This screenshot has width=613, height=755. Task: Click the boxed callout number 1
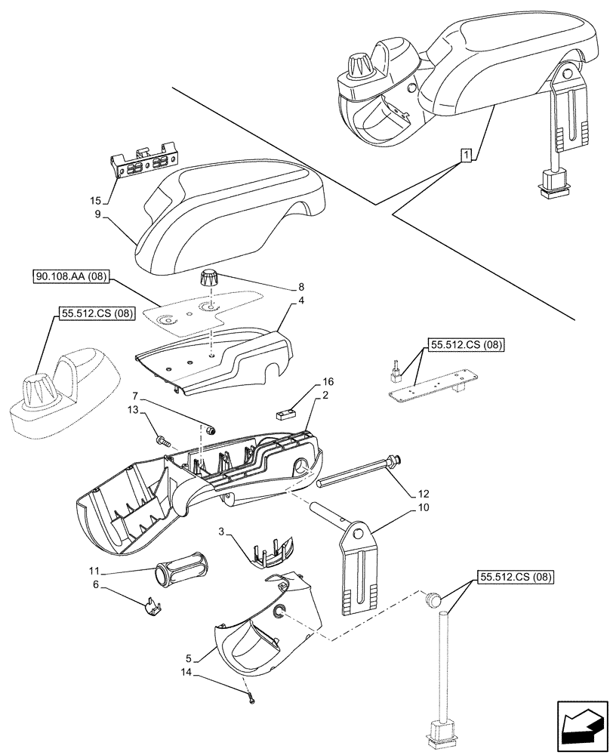(x=467, y=156)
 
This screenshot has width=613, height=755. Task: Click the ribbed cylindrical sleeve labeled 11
(x=179, y=571)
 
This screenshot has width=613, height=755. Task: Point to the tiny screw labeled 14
(x=251, y=700)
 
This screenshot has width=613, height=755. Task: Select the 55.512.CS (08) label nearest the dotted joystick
(x=93, y=313)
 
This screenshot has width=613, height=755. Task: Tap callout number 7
(x=136, y=396)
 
